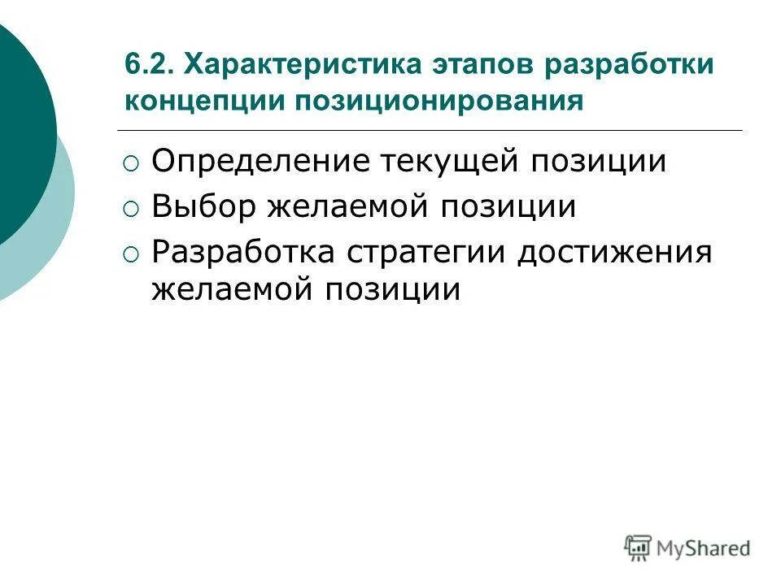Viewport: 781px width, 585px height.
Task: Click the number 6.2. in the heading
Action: pos(151,64)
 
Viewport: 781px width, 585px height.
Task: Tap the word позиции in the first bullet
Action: pos(600,161)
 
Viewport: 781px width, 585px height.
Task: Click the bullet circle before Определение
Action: pos(132,163)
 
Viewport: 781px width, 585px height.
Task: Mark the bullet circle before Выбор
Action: pos(132,209)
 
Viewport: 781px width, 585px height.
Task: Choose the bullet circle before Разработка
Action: pos(132,254)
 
